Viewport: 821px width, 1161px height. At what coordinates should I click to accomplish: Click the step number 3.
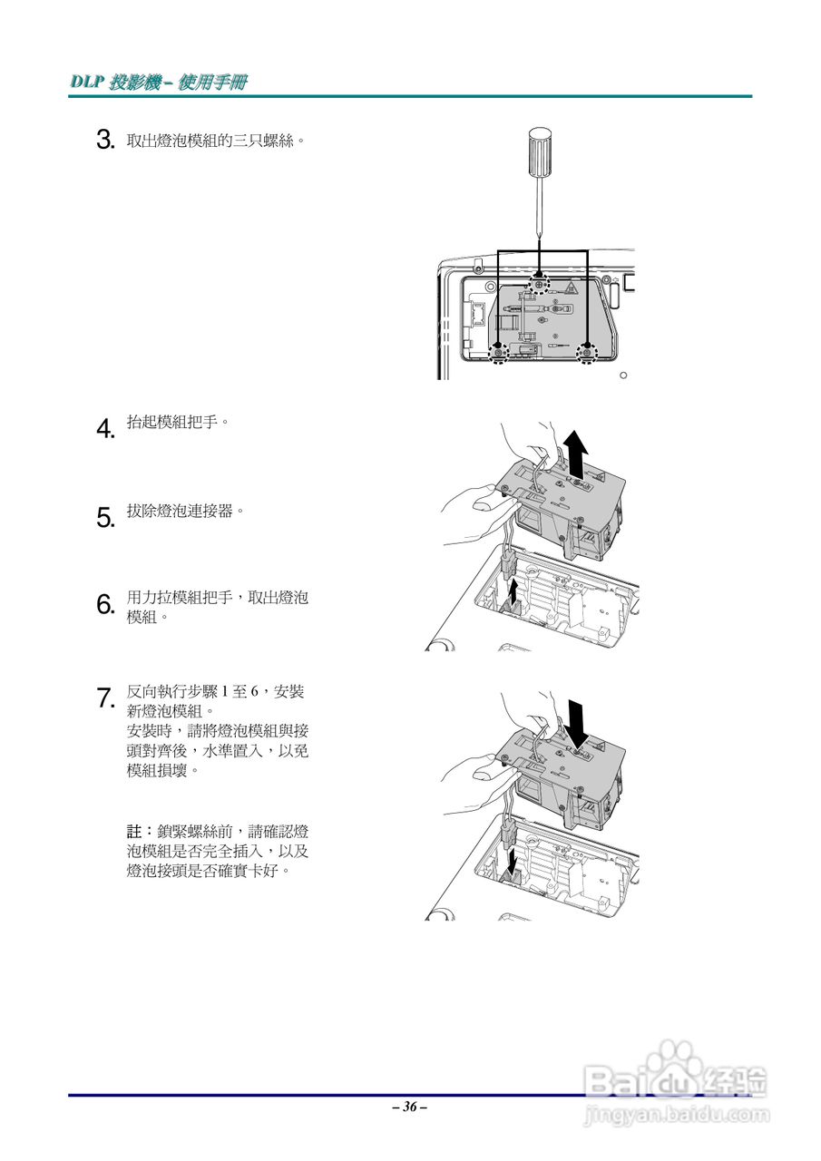tap(104, 141)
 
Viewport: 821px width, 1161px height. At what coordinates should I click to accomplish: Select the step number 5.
tap(104, 517)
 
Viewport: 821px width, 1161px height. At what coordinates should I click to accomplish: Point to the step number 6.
tap(104, 605)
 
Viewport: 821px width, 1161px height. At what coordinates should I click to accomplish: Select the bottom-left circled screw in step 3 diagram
tap(497, 352)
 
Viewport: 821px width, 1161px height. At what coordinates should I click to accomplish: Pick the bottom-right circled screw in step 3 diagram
tap(587, 352)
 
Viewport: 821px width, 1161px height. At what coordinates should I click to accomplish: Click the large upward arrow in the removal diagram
tap(575, 454)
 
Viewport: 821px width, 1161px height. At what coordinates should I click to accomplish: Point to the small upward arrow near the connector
tap(515, 596)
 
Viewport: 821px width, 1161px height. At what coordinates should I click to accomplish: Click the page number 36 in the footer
tap(410, 1107)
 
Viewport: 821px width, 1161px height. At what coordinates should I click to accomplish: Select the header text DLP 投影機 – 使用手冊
tap(159, 83)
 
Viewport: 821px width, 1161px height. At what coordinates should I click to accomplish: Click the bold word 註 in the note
tap(133, 831)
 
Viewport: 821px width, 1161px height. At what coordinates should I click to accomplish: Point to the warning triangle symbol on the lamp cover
tap(572, 289)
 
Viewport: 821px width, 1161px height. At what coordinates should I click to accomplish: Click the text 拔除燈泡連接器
tap(185, 512)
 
